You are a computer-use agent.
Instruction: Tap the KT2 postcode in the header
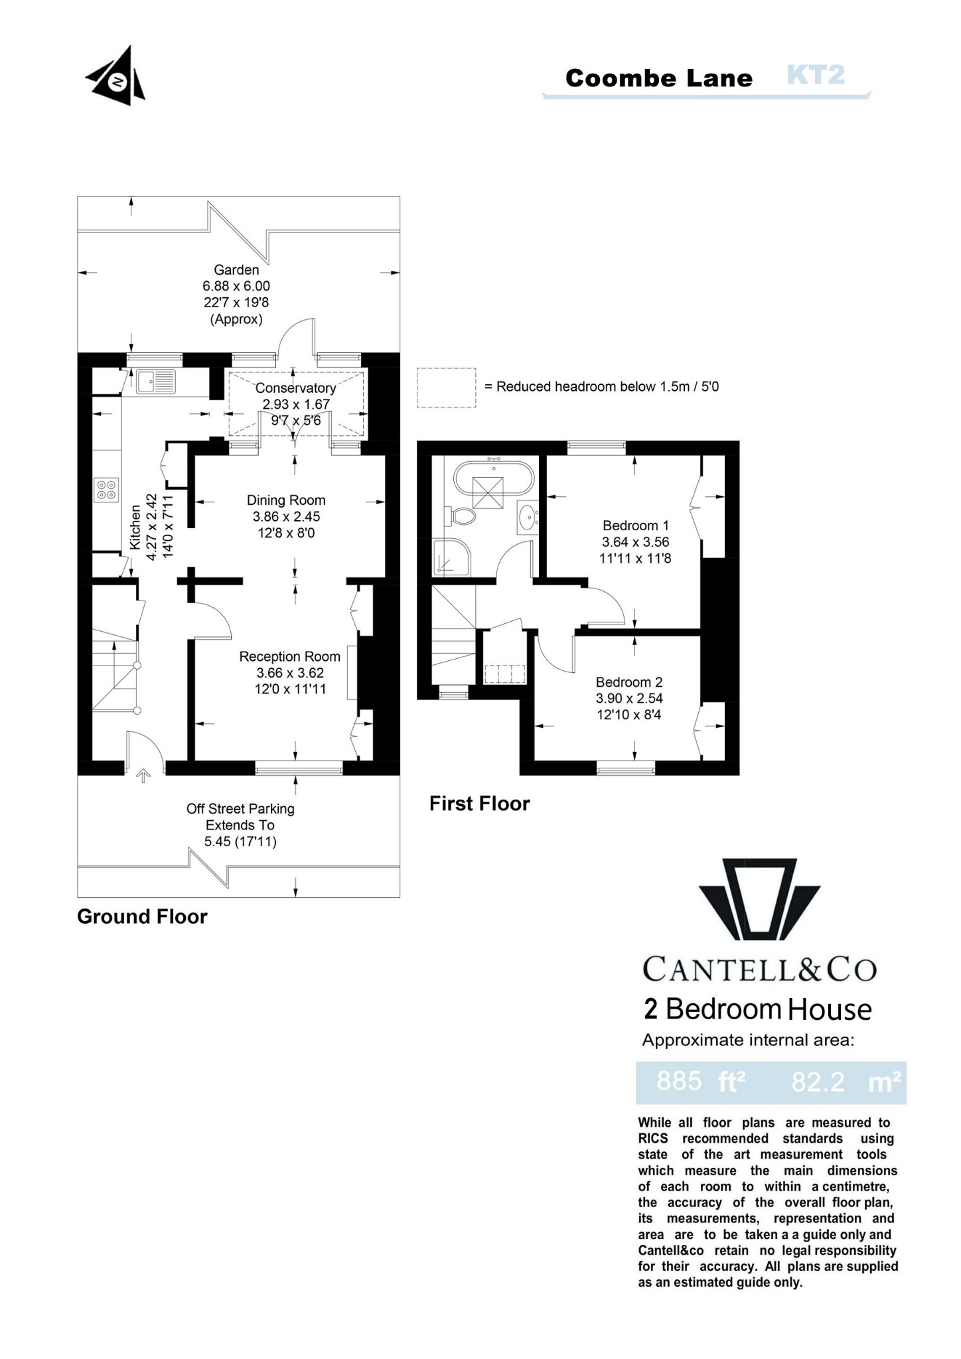pyautogui.click(x=816, y=75)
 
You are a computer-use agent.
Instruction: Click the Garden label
pyautogui.click(x=236, y=270)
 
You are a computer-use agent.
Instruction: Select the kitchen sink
pyautogui.click(x=157, y=381)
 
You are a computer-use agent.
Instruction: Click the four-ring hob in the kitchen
pyautogui.click(x=107, y=490)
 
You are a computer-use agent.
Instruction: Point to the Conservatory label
pyautogui.click(x=295, y=388)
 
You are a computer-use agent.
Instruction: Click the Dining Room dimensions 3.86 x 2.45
pyautogui.click(x=286, y=517)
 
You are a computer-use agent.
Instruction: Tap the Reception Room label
pyautogui.click(x=289, y=656)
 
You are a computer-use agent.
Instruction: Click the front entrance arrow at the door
pyautogui.click(x=143, y=776)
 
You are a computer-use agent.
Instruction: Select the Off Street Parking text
pyautogui.click(x=240, y=809)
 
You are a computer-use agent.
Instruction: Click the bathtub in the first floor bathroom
pyautogui.click(x=493, y=478)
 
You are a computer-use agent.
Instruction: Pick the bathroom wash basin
pyautogui.click(x=528, y=517)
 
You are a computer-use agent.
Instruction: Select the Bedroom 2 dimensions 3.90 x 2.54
pyautogui.click(x=629, y=698)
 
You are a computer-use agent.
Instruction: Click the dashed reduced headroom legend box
pyautogui.click(x=446, y=388)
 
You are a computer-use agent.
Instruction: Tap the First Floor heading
pyautogui.click(x=479, y=804)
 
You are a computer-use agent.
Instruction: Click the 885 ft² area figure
pyautogui.click(x=701, y=1082)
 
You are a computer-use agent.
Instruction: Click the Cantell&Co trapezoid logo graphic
pyautogui.click(x=759, y=904)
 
